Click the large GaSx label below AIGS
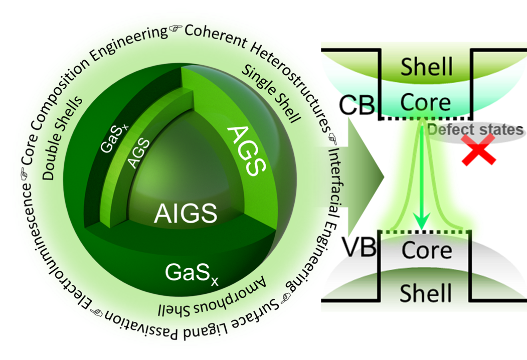point(193,273)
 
